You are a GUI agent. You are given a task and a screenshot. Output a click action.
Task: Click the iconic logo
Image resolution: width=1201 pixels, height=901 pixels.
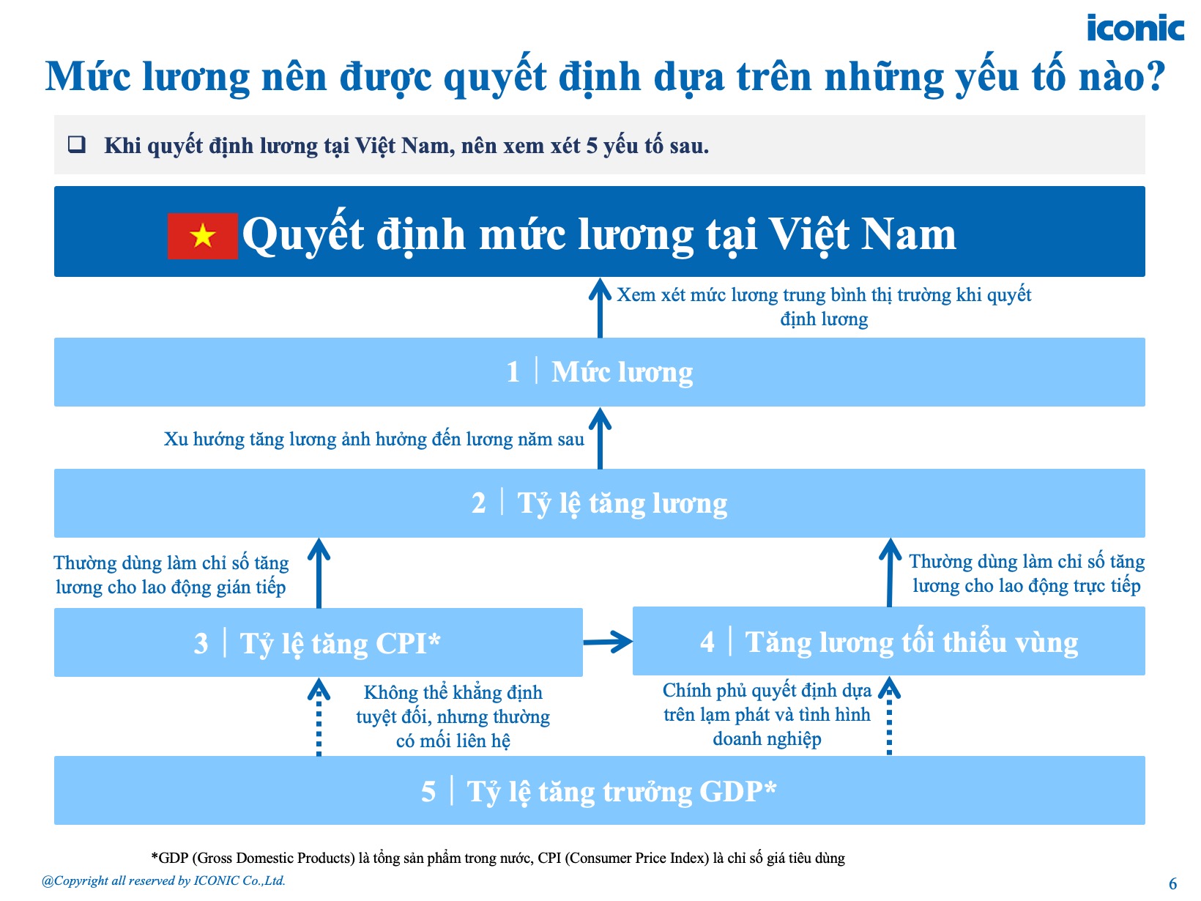(x=1134, y=29)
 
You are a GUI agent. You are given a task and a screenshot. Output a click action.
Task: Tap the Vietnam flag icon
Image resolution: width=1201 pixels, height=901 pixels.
(x=203, y=236)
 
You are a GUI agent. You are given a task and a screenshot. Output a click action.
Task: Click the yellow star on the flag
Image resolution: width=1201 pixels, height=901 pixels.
(x=203, y=236)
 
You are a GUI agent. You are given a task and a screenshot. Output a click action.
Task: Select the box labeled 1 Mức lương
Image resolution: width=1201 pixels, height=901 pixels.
(x=599, y=372)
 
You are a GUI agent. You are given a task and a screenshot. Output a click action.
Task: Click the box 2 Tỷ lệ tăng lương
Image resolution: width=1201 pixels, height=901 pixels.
(x=599, y=503)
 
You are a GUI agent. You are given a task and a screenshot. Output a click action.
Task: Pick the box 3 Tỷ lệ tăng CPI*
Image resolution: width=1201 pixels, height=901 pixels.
(x=318, y=643)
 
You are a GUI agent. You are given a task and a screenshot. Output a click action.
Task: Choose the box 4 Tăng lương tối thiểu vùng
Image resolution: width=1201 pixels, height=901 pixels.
(x=888, y=642)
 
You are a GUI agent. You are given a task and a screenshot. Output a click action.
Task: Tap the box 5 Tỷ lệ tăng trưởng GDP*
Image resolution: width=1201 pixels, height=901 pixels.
(x=599, y=791)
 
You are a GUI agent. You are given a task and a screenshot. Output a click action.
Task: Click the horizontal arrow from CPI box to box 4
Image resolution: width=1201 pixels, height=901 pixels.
(x=608, y=642)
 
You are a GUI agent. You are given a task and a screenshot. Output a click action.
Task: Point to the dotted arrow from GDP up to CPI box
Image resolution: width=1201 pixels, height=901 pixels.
(x=319, y=718)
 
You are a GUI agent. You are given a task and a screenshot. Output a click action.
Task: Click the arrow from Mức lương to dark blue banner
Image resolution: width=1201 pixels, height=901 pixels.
(x=600, y=308)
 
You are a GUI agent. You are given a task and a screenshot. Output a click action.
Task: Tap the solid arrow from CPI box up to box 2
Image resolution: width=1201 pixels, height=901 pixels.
(x=319, y=573)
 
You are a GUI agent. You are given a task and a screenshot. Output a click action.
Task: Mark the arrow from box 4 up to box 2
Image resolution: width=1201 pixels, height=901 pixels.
(x=890, y=573)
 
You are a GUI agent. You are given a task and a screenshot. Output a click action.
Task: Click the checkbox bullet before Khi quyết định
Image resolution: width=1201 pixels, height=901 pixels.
(x=76, y=144)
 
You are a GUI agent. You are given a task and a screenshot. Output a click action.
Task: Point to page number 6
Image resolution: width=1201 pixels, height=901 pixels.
(x=1172, y=883)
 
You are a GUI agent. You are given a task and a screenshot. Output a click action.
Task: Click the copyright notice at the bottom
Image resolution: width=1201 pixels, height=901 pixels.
(x=163, y=881)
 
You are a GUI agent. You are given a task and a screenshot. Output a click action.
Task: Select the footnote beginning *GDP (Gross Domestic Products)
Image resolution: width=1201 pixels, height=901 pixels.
(x=498, y=858)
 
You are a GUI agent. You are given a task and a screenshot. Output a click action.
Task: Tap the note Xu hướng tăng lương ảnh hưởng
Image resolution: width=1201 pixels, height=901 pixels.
(x=373, y=440)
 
